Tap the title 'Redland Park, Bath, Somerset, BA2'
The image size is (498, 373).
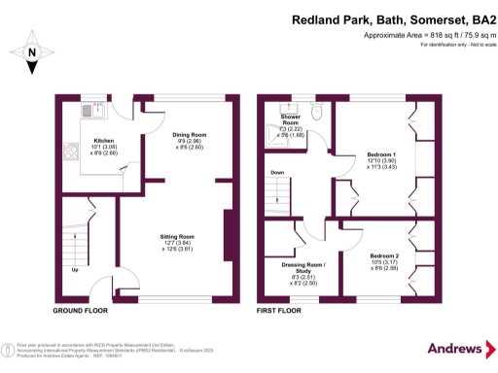[395, 18]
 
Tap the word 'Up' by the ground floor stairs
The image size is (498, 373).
[75, 269]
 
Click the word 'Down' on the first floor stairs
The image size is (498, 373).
[277, 174]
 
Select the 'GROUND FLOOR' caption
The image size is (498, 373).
[81, 310]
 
